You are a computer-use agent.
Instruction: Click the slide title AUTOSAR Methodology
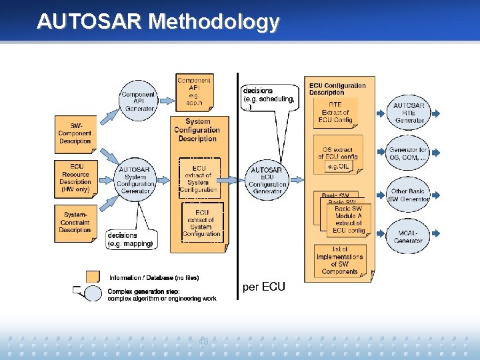point(158,21)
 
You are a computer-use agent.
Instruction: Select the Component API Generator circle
point(138,101)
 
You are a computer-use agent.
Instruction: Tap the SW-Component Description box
point(75,133)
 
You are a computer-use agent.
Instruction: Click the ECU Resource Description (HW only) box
point(75,177)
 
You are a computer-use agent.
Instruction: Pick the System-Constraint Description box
point(75,222)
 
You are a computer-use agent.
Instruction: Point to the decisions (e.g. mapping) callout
point(131,239)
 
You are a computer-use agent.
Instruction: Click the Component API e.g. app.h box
point(194,92)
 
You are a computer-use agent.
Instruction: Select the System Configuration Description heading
point(197,130)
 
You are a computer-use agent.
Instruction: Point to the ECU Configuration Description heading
point(337,89)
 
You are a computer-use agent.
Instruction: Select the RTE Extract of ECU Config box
point(335,113)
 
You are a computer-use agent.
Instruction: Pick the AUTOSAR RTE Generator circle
point(409,113)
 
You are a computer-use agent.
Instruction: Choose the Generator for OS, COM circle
point(409,154)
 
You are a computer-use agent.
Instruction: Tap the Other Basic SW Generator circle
point(409,195)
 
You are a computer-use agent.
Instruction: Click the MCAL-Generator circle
point(409,236)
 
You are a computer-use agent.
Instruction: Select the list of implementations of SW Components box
point(339,260)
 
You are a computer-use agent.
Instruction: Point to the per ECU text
point(264,287)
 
